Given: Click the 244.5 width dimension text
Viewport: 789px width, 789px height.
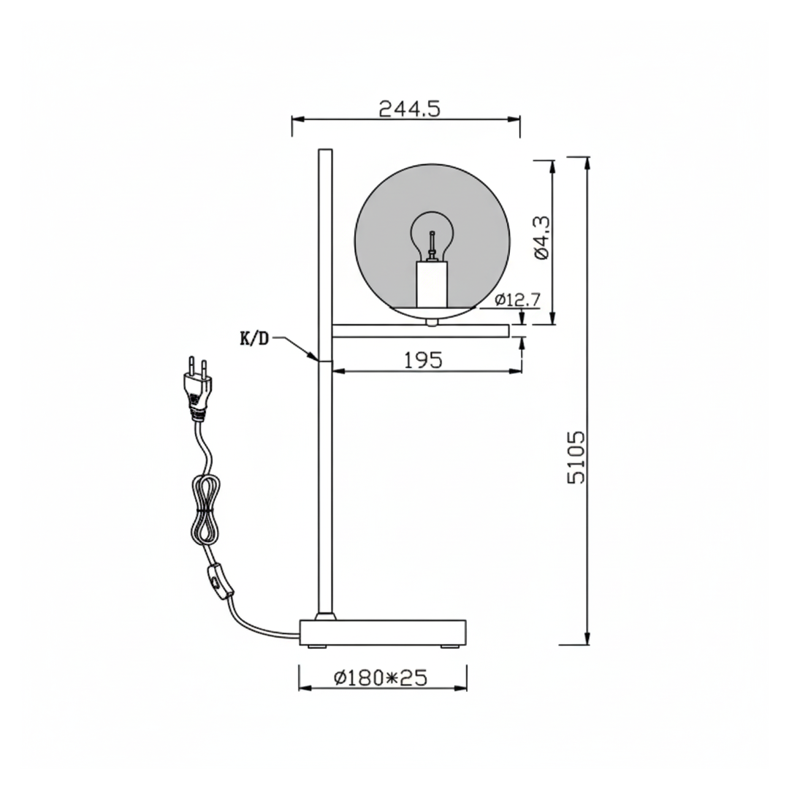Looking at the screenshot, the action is pyautogui.click(x=409, y=109).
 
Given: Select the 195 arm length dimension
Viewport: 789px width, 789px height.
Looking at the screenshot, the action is pyautogui.click(x=424, y=360).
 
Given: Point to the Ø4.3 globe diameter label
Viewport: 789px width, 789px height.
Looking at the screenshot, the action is pyautogui.click(x=541, y=238).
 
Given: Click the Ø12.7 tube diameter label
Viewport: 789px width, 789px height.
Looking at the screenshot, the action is pyautogui.click(x=517, y=300).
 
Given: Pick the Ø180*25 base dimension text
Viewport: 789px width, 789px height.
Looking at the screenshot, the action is pyautogui.click(x=380, y=678).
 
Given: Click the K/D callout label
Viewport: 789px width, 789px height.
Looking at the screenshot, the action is pyautogui.click(x=254, y=339).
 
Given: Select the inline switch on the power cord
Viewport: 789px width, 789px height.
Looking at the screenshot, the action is pyautogui.click(x=218, y=582).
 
